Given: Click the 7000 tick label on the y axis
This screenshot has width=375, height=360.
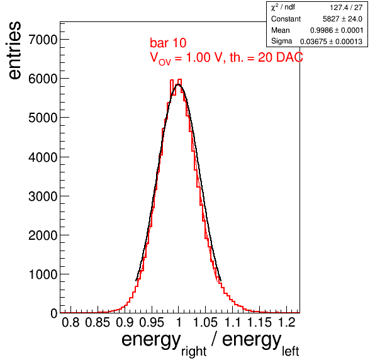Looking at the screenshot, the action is tap(43, 40).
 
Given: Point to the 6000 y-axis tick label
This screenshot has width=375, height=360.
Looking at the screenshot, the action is tap(43, 79).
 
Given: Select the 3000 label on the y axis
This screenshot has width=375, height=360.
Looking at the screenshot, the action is tap(43, 196).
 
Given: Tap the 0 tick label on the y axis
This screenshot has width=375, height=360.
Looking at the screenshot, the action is tap(54, 313).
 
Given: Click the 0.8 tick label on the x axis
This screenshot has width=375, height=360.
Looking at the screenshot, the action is tap(70, 322).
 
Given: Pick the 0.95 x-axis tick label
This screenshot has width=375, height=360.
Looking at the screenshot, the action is tap(152, 322).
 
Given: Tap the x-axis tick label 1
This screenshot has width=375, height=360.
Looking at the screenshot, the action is tap(179, 322).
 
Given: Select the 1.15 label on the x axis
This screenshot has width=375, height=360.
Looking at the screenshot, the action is tap(259, 322).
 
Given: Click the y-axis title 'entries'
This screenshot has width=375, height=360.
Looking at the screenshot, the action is tap(14, 50).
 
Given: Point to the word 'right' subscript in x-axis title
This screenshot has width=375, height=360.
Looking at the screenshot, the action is tap(194, 352).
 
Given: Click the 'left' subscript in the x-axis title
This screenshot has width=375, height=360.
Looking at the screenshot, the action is tap(290, 351).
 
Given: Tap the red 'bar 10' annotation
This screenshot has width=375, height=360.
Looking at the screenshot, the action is tap(168, 43).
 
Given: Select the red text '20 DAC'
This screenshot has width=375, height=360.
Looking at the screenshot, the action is tap(280, 57).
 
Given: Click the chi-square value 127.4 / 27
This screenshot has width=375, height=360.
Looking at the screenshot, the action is tap(346, 8).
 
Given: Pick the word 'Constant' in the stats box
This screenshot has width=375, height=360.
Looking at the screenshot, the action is tap(286, 19).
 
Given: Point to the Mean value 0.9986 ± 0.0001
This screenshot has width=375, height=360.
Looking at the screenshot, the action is tap(337, 30).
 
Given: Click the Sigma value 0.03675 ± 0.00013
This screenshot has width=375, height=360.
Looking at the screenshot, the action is tap(331, 42).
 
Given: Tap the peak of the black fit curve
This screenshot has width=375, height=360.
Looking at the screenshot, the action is tap(178, 84).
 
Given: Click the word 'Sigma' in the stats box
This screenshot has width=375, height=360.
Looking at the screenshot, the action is tap(281, 42).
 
